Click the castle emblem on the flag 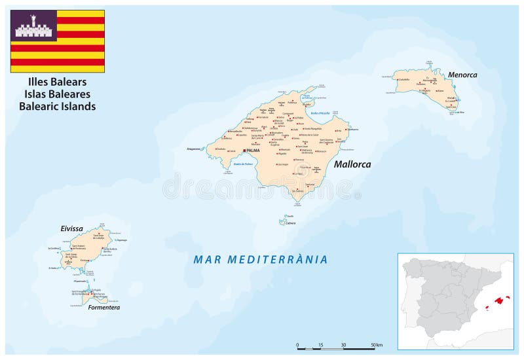point(33,26)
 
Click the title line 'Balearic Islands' point(58,106)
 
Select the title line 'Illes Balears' point(58,82)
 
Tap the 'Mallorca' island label point(352,164)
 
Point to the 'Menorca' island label point(462,75)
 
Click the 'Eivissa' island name point(72,228)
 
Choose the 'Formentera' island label point(104,306)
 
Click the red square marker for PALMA point(244,151)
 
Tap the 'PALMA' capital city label point(253,151)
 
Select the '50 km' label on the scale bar point(375,344)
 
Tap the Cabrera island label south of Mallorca point(290,223)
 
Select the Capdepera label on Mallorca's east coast point(353,129)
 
